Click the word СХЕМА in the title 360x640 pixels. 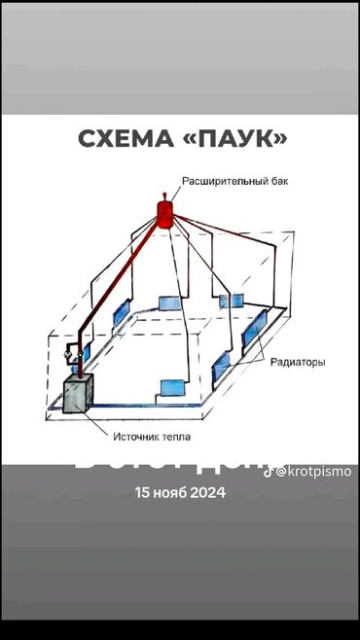pyautogui.click(x=123, y=140)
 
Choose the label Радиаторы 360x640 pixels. pyautogui.click(x=298, y=362)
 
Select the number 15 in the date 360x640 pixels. pyautogui.click(x=143, y=492)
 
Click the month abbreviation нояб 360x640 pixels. pyautogui.click(x=173, y=492)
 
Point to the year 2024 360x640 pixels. pyautogui.click(x=209, y=492)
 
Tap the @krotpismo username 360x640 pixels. pyautogui.click(x=313, y=471)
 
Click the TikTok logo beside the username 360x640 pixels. pyautogui.click(x=269, y=471)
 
